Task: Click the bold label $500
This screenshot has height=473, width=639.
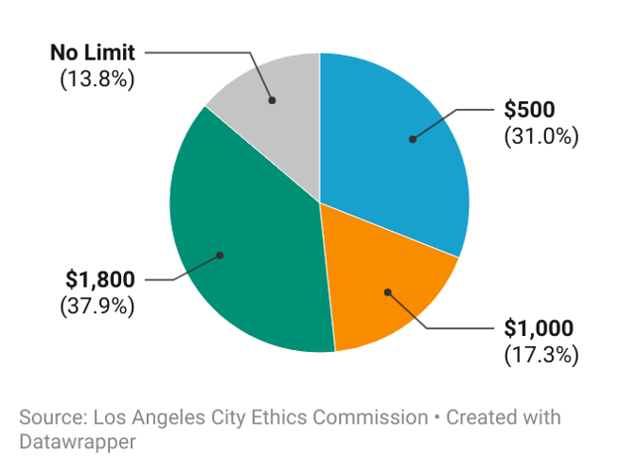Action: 527,112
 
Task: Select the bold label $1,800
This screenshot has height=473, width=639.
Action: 100,280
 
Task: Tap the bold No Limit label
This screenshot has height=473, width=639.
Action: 93,51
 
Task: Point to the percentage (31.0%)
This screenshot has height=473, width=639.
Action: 541,136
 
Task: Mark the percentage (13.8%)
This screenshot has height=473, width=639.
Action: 97,78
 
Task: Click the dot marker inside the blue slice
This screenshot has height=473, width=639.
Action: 412,139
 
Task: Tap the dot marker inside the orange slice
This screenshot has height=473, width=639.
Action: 387,291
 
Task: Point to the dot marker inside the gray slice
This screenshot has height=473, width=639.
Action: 272,99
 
